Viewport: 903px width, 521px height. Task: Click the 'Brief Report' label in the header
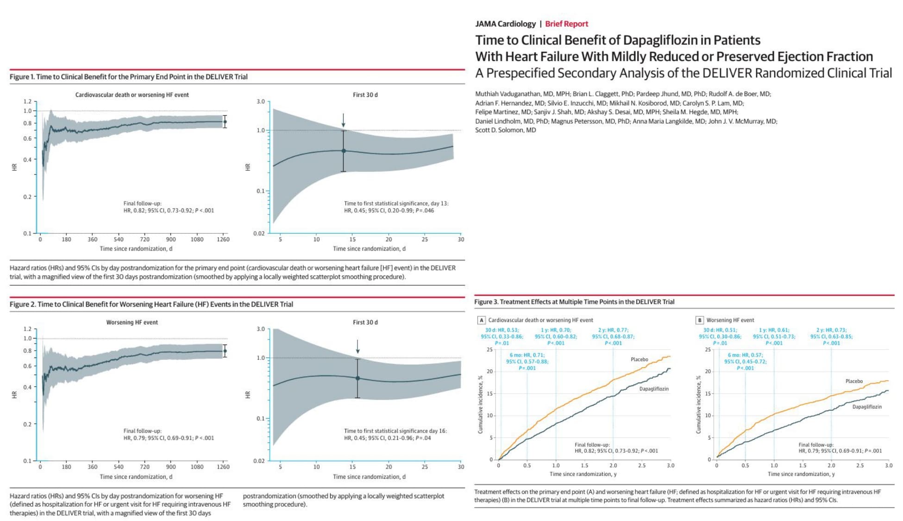point(566,24)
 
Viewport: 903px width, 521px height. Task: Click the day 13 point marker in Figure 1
point(344,151)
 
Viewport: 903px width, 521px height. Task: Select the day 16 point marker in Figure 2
point(357,378)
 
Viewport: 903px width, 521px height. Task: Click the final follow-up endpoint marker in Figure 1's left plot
point(225,122)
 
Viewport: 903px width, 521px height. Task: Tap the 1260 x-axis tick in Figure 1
point(223,239)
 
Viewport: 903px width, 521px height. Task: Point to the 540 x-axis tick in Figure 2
point(119,467)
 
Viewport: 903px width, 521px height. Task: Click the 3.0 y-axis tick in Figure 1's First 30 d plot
point(261,101)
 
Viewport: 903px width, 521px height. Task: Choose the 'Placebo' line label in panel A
point(639,359)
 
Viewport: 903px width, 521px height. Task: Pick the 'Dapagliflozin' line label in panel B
point(866,407)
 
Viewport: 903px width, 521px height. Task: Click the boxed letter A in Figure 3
point(482,320)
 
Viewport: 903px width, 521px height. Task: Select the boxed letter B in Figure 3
point(700,320)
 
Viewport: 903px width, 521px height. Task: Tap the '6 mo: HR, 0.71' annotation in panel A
point(527,355)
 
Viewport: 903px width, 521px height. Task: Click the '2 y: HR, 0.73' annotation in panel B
point(831,330)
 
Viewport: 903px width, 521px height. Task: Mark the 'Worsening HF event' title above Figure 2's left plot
point(132,322)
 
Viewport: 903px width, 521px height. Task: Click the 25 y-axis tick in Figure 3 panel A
point(489,350)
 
